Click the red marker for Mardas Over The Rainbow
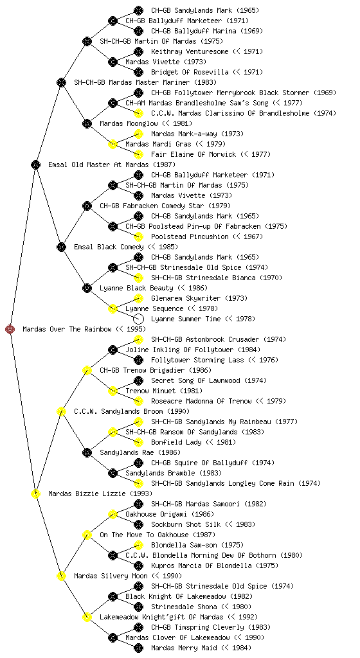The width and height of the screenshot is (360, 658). (10, 329)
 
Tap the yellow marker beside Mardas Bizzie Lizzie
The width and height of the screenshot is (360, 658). (35, 493)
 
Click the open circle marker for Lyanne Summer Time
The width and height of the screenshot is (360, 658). (138, 319)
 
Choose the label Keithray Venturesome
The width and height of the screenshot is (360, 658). (190, 51)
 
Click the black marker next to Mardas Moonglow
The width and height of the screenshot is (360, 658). (87, 123)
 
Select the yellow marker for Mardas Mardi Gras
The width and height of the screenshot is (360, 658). (113, 144)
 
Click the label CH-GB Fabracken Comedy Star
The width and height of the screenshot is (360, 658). (152, 206)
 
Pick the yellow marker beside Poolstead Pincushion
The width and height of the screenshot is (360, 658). (138, 236)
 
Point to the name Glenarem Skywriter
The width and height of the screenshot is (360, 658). (186, 298)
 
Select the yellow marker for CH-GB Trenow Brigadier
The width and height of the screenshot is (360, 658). (87, 370)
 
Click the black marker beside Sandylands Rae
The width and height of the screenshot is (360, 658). (87, 452)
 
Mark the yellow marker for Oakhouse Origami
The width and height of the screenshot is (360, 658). (113, 514)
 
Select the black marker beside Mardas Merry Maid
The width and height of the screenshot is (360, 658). (138, 648)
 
